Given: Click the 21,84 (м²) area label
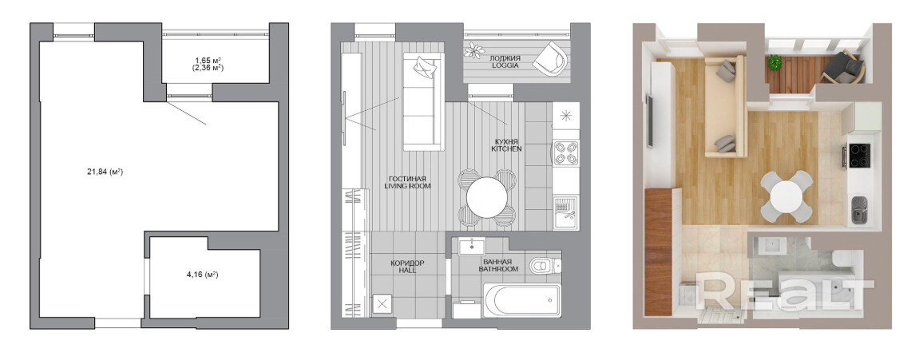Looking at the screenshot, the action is [x=105, y=172].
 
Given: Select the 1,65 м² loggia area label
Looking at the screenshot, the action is [x=208, y=60].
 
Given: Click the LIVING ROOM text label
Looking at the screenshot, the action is [x=407, y=186].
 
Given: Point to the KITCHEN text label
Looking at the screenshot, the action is [x=506, y=149].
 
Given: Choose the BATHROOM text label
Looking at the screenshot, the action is [x=498, y=269].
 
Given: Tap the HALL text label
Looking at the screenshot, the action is [x=407, y=271].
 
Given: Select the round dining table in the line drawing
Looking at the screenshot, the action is [x=487, y=198].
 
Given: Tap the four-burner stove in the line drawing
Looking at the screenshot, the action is [x=565, y=153].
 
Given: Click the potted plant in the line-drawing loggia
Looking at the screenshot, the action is [x=474, y=51].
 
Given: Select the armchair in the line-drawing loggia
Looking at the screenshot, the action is [x=550, y=59].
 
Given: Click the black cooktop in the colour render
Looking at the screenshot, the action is [x=859, y=156].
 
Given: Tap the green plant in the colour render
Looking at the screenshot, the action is [x=774, y=61].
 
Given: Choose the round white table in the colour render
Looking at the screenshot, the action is [x=786, y=196].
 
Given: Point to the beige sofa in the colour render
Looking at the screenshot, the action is [x=725, y=108].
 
